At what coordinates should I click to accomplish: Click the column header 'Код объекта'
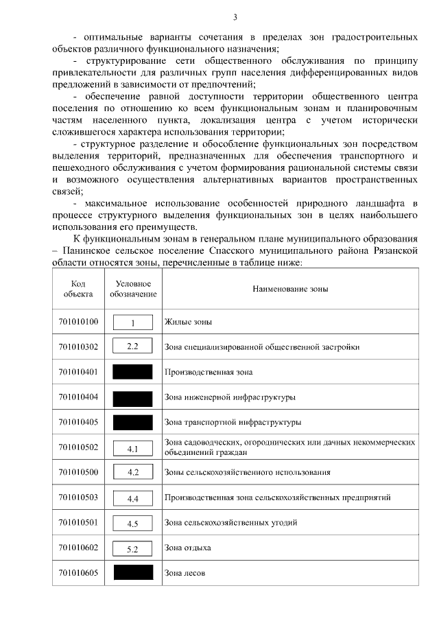pos(78,289)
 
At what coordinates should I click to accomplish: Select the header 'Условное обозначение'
pos(133,289)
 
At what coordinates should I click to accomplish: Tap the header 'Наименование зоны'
pos(290,289)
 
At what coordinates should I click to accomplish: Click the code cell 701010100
pos(78,322)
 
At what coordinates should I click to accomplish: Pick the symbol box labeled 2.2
pos(133,347)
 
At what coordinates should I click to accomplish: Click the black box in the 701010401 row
pos(133,372)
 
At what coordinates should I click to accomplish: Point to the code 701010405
pos(78,422)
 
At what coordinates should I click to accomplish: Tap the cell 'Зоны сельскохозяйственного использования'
pos(247,473)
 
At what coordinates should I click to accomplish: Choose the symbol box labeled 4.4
pos(133,498)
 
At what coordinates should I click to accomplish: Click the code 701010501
pos(78,523)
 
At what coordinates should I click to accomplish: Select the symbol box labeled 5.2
pos(133,548)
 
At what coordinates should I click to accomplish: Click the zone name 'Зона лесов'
pos(185,573)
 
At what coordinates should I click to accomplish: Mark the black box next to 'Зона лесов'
pos(133,573)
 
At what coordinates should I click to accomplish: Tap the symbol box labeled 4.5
pos(133,524)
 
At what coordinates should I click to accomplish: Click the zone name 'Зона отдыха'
pos(187,548)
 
